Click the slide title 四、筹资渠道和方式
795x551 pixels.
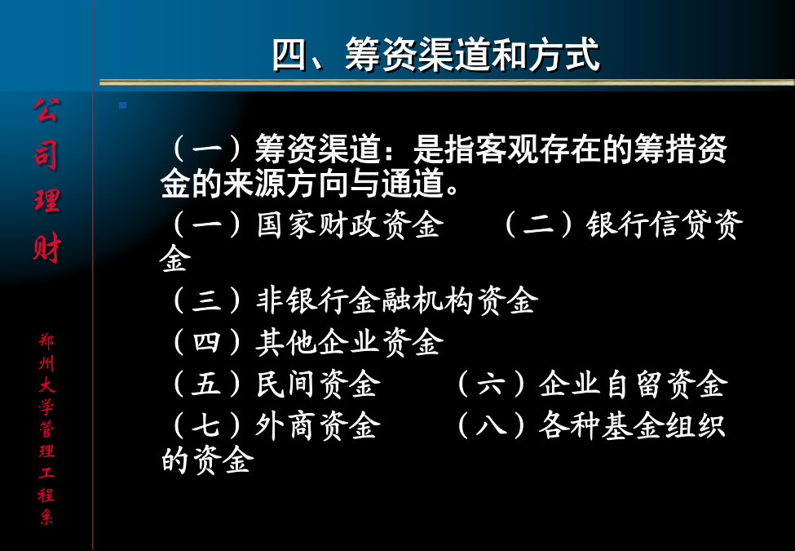436,55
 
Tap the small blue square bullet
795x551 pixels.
122,105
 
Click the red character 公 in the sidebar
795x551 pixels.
47,110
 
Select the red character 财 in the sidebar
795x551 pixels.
47,248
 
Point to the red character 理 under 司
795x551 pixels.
47,200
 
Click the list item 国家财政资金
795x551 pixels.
350,224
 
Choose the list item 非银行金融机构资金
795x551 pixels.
396,300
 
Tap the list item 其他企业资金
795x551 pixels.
350,342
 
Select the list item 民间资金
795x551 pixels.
318,384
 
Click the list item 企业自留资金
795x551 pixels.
634,384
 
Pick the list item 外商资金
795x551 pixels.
318,425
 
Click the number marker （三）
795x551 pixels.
207,300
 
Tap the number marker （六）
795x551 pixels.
491,384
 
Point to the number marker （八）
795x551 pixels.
491,425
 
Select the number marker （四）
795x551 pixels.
207,342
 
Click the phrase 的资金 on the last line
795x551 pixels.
207,460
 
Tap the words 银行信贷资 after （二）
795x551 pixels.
665,224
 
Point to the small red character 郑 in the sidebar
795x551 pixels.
46,341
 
